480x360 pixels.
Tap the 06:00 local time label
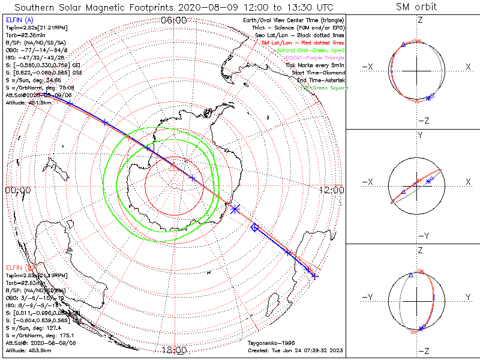coord(174,20)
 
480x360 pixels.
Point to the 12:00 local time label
coord(332,190)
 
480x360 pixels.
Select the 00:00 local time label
coord(17,190)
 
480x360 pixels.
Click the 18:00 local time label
coord(174,350)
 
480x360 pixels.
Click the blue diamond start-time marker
coord(254,227)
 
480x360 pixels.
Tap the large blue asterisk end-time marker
coord(235,208)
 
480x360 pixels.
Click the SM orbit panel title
coord(416,7)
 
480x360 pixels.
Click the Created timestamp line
coord(295,350)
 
